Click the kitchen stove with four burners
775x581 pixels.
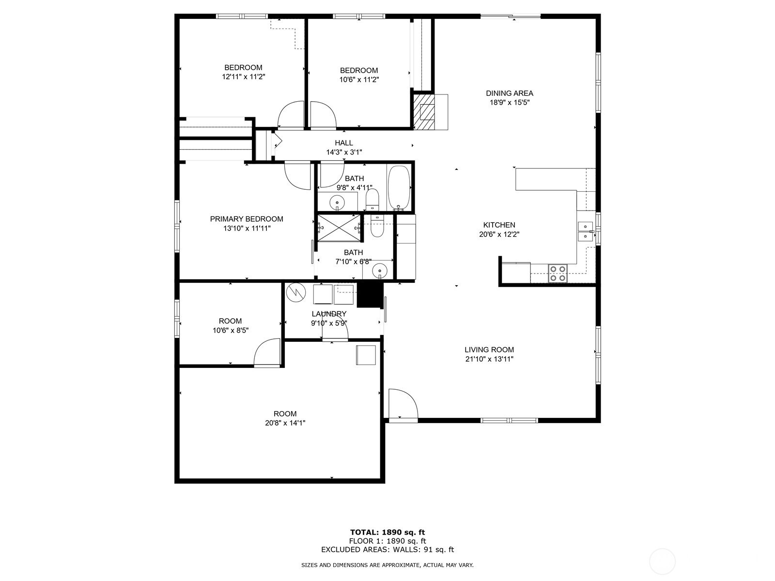pyautogui.click(x=558, y=274)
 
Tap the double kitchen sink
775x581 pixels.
pyautogui.click(x=585, y=231)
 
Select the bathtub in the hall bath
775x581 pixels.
pyautogui.click(x=399, y=188)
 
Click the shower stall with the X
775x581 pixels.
pyautogui.click(x=339, y=228)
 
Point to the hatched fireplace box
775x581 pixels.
pyautogui.click(x=424, y=111)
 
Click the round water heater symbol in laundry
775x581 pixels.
pyautogui.click(x=296, y=292)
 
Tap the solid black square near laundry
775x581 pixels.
pyautogui.click(x=370, y=295)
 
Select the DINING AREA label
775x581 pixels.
pyautogui.click(x=510, y=93)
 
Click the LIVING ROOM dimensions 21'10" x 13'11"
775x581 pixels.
pyautogui.click(x=489, y=359)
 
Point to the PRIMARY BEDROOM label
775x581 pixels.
pyautogui.click(x=247, y=219)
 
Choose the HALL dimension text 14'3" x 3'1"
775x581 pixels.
pyautogui.click(x=344, y=153)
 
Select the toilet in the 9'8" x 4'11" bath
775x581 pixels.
pyautogui.click(x=372, y=199)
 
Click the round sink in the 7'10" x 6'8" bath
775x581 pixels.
pyautogui.click(x=380, y=270)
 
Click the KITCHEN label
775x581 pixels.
pyautogui.click(x=499, y=225)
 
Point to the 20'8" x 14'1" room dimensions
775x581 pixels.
pyautogui.click(x=285, y=423)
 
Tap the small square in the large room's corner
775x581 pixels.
pyautogui.click(x=366, y=355)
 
